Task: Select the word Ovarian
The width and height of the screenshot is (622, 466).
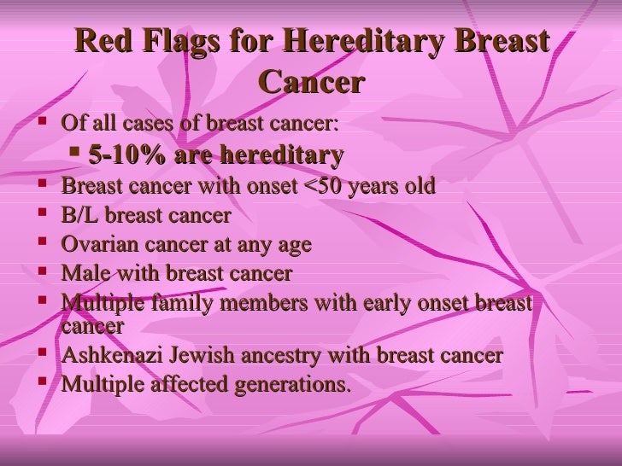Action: coord(97,246)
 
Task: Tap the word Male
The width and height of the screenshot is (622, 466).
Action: coord(84,274)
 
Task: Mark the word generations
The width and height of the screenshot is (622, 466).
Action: coord(294,385)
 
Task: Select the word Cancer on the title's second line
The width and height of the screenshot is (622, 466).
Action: coord(310,84)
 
